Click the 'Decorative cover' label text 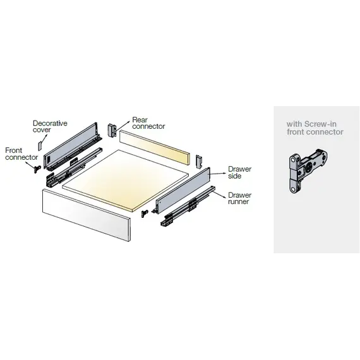pos(50,126)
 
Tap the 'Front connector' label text pos(21,154)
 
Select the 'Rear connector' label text pos(148,123)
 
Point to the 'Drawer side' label pos(240,172)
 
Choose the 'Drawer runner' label pos(240,198)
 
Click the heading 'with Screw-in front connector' pos(315,128)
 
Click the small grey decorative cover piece pos(40,146)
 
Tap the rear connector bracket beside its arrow pos(112,130)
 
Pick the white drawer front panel pos(87,215)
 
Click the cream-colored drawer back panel pos(155,147)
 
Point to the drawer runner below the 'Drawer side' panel pos(188,207)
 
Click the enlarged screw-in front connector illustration pos(308,171)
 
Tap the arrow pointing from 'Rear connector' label pos(123,126)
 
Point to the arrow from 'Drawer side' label pos(218,174)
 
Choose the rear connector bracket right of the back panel pos(199,162)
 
